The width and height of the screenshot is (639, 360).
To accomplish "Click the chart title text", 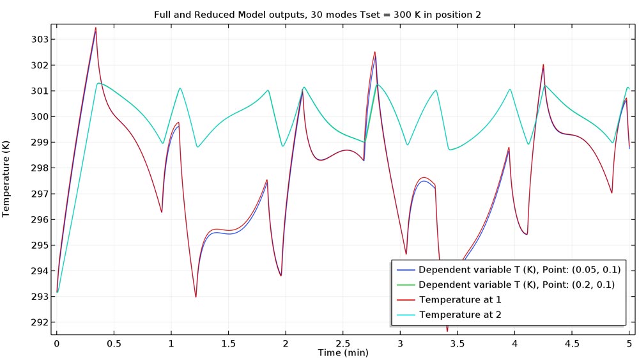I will pyautogui.click(x=319, y=15).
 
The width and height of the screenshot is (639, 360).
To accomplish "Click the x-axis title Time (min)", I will pyautogui.click(x=343, y=352).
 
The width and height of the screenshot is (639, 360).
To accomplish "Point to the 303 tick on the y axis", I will pyautogui.click(x=38, y=40).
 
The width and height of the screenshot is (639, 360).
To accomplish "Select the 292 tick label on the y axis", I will pyautogui.click(x=38, y=322).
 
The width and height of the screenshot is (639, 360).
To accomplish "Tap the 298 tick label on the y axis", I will pyautogui.click(x=38, y=168).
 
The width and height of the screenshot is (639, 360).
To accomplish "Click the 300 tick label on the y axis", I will pyautogui.click(x=38, y=116).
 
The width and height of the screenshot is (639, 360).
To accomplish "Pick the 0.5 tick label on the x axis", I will pyautogui.click(x=114, y=343).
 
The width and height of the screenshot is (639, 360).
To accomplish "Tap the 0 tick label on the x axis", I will pyautogui.click(x=57, y=343).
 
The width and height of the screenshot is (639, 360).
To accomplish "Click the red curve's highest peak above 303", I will pyautogui.click(x=96, y=28).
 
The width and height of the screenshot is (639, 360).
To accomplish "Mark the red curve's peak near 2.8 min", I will pyautogui.click(x=375, y=52).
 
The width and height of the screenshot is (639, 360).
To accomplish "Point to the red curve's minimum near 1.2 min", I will pyautogui.click(x=196, y=297).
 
